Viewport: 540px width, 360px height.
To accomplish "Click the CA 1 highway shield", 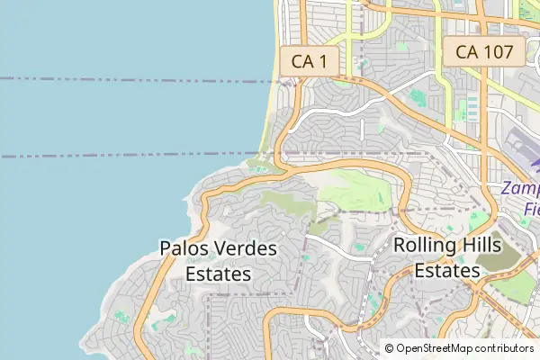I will pyautogui.click(x=308, y=61).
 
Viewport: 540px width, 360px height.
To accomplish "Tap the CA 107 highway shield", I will pyautogui.click(x=484, y=52).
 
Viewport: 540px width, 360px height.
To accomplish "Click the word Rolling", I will pyautogui.click(x=426, y=244).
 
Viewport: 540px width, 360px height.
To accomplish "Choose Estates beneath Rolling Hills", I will pyautogui.click(x=448, y=269).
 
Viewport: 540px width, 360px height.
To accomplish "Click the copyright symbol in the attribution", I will pyautogui.click(x=390, y=347).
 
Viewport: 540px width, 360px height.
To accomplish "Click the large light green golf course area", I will pyautogui.click(x=355, y=189).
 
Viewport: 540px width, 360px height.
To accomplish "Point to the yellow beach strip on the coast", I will pyautogui.click(x=270, y=108).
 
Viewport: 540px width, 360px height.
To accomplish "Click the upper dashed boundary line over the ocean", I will pyautogui.click(x=135, y=79).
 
